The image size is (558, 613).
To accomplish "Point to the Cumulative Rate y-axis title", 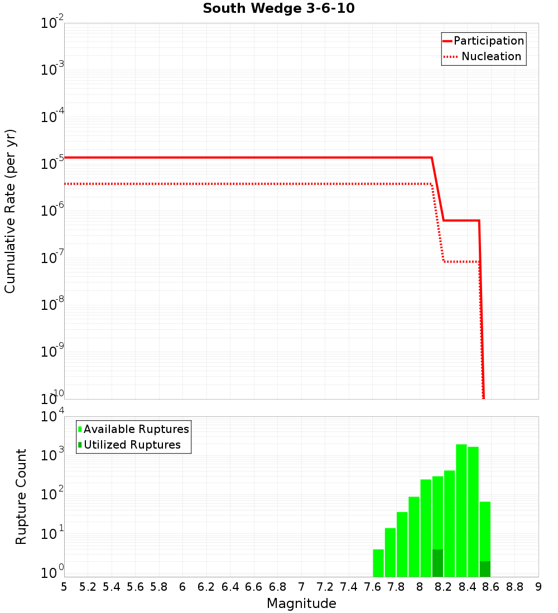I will (11, 211).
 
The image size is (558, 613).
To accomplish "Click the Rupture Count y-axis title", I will (21, 497).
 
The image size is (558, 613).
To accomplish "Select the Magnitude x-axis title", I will (301, 604).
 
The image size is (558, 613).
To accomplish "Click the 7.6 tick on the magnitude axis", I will (373, 587).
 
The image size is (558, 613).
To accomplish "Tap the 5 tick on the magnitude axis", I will (64, 587).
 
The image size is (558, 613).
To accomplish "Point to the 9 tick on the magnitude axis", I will (538, 587).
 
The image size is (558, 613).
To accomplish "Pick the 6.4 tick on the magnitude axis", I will (230, 587).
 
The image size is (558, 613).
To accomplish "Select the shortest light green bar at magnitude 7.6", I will (378, 563).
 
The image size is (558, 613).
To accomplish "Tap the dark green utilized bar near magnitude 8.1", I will (437, 563).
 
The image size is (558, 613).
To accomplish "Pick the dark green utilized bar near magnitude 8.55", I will (485, 569).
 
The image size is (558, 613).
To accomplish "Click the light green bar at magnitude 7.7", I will (390, 552).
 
